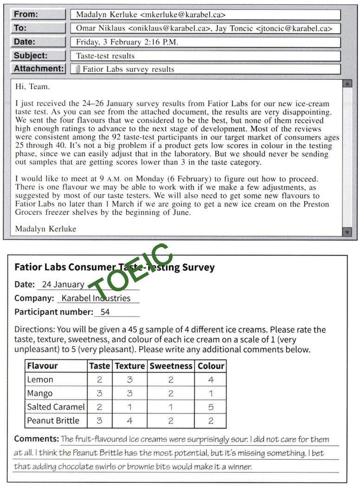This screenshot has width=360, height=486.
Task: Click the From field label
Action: click(x=26, y=14)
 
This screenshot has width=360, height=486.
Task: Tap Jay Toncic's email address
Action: click(x=294, y=28)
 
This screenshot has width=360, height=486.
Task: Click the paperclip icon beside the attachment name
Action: click(x=78, y=70)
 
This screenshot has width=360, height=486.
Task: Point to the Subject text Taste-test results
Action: click(x=105, y=56)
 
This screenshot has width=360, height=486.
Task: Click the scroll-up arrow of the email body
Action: click(x=347, y=84)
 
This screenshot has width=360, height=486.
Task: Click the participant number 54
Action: click(x=105, y=312)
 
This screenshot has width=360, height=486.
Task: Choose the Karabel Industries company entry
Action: click(x=96, y=298)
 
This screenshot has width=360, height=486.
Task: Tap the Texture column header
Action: click(x=130, y=366)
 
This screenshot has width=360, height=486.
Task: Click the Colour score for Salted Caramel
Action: click(x=211, y=407)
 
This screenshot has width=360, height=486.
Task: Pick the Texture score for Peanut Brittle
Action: click(x=130, y=421)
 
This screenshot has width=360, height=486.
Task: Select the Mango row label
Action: click(x=40, y=393)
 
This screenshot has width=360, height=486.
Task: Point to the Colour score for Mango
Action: click(x=211, y=393)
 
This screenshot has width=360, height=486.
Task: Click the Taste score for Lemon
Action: click(x=99, y=380)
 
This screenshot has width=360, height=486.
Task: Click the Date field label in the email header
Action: click(x=25, y=42)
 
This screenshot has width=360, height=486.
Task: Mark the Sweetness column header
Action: click(x=171, y=366)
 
